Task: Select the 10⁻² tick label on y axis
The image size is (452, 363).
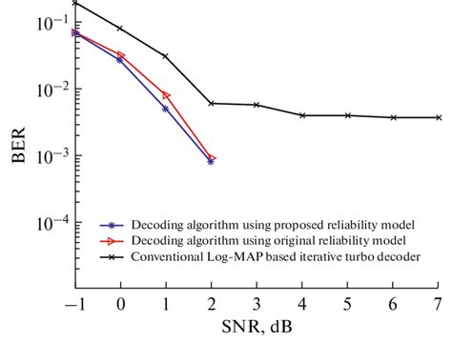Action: [x=49, y=90]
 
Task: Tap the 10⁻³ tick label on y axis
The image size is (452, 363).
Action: [x=49, y=156]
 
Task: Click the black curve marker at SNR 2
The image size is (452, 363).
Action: [x=211, y=103]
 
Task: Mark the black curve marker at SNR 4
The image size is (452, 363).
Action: [x=302, y=115]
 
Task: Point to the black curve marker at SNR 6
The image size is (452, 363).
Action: [x=393, y=117]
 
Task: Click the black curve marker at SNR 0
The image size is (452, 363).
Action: [x=120, y=29]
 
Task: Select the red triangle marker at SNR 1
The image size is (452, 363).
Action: [x=166, y=95]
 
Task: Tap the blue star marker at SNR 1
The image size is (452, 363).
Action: [x=166, y=109]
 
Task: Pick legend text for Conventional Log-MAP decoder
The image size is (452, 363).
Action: [x=277, y=255]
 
